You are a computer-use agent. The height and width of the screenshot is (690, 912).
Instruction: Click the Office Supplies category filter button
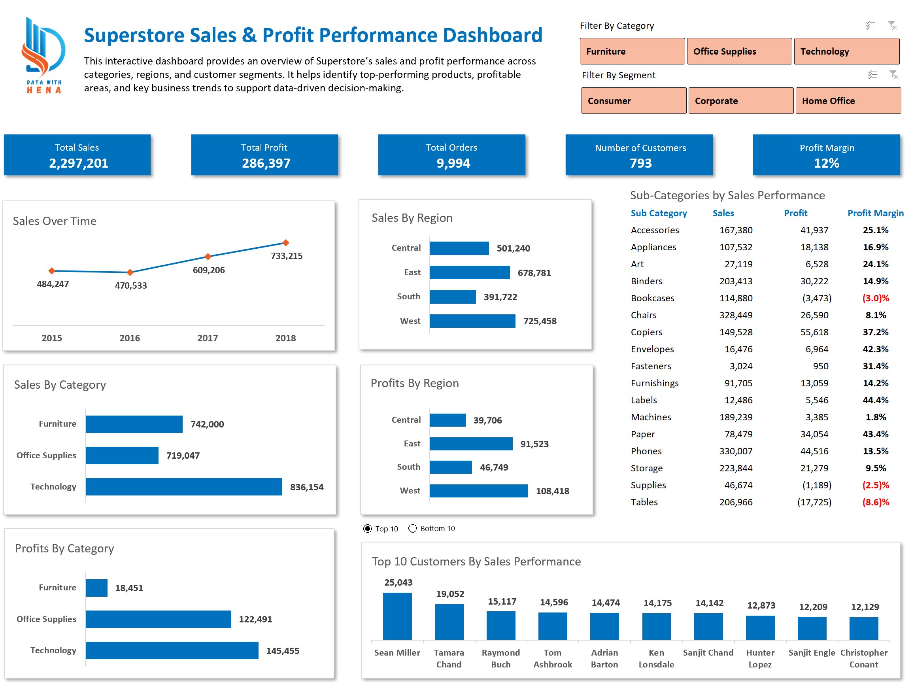click(739, 51)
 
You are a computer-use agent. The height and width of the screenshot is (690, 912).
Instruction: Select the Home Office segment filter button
click(847, 101)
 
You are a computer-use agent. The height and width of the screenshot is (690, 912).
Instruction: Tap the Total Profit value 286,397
click(266, 163)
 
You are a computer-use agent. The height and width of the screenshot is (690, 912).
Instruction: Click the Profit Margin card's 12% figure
click(826, 163)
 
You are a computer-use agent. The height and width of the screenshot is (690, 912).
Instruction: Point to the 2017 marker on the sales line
click(208, 257)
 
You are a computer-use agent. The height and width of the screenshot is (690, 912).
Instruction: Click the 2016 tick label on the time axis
click(129, 338)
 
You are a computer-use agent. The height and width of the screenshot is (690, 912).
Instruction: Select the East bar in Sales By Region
click(470, 272)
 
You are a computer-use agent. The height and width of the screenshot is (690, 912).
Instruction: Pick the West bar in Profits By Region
click(479, 491)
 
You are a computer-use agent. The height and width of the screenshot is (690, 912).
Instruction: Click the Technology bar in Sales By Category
click(184, 487)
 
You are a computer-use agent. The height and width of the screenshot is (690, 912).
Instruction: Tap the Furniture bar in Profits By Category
click(96, 588)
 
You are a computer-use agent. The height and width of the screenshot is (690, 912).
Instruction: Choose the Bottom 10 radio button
click(413, 529)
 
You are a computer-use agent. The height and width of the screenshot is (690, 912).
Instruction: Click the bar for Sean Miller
click(397, 616)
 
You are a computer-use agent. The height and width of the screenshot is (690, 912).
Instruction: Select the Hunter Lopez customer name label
click(760, 658)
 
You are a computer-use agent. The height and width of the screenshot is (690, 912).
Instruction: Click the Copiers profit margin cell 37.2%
click(875, 333)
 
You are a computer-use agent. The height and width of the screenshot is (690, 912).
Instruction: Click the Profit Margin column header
click(875, 213)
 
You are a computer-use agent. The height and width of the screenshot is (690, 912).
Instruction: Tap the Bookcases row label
click(652, 298)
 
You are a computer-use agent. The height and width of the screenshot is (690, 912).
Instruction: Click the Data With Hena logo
click(44, 56)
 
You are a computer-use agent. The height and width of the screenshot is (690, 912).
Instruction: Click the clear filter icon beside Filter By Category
click(892, 26)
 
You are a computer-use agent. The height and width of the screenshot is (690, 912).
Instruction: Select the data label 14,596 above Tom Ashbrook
click(554, 602)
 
